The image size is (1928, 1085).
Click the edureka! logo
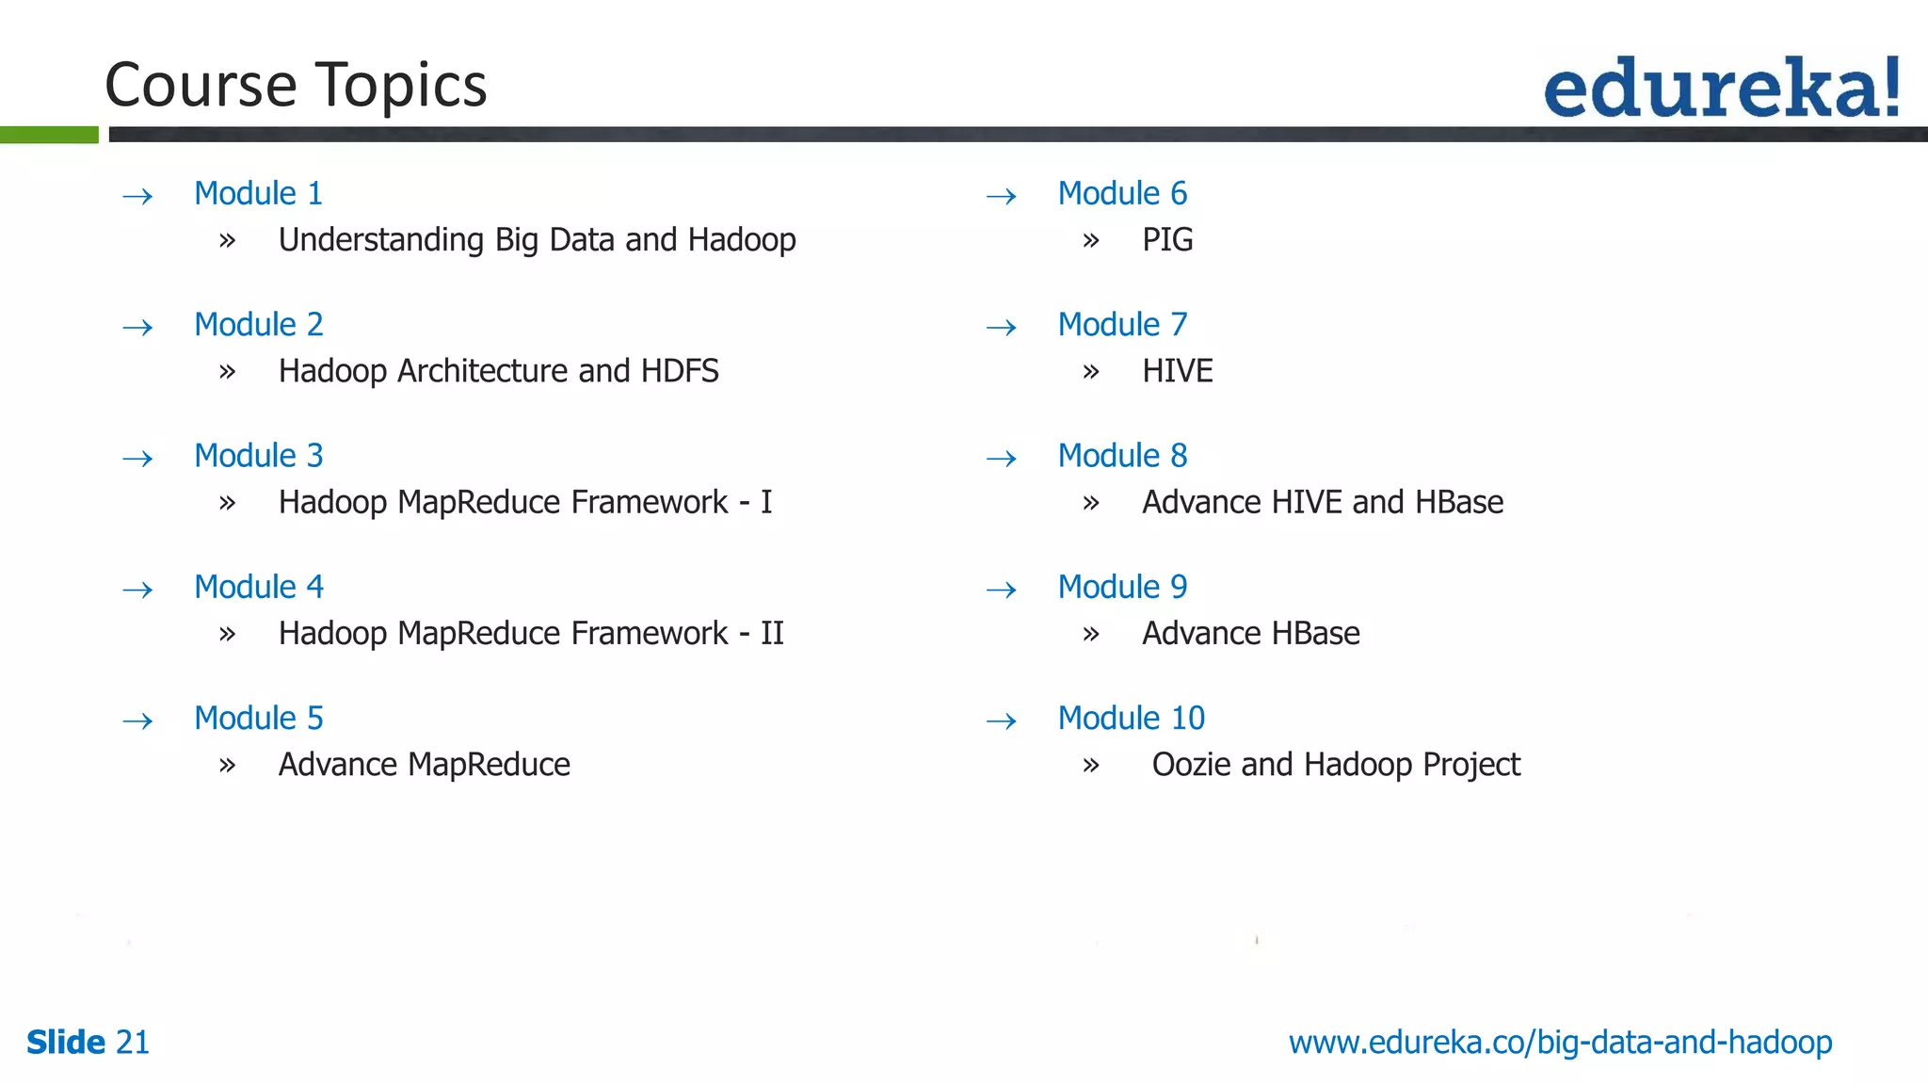pyautogui.click(x=1721, y=88)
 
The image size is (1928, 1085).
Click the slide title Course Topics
pyautogui.click(x=296, y=85)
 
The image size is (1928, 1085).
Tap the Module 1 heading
pyautogui.click(x=258, y=193)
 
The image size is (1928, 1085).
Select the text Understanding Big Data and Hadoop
pyautogui.click(x=537, y=240)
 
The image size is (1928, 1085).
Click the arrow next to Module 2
pyautogui.click(x=137, y=328)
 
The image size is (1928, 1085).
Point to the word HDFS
pyautogui.click(x=680, y=371)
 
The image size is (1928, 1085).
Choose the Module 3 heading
pyautogui.click(x=258, y=456)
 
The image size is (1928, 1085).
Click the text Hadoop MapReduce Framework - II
pyautogui.click(x=531, y=634)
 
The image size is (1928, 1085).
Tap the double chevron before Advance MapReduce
pyautogui.click(x=227, y=766)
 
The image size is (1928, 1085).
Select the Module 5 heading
pyautogui.click(x=258, y=719)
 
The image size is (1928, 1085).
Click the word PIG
pyautogui.click(x=1167, y=240)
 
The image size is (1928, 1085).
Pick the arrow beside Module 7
pyautogui.click(x=1001, y=328)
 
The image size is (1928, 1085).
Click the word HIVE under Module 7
pyautogui.click(x=1177, y=371)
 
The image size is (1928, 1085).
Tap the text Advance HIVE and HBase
pyautogui.click(x=1322, y=503)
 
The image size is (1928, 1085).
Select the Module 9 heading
pyautogui.click(x=1122, y=588)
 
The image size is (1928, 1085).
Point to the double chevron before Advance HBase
pyautogui.click(x=1090, y=635)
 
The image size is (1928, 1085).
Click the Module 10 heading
pyautogui.click(x=1131, y=719)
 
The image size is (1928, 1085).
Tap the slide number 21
pyautogui.click(x=133, y=1043)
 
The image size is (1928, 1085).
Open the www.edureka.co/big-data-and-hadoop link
pyautogui.click(x=1560, y=1043)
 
